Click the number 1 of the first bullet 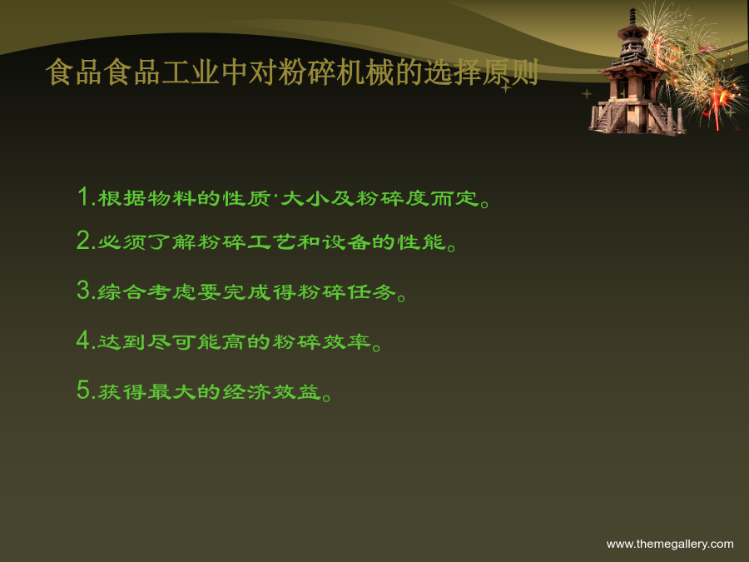point(83,196)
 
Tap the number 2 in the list point(83,240)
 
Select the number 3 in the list point(83,290)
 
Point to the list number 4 point(83,340)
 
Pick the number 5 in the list point(83,390)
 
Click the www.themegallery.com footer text point(670,544)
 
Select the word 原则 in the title point(510,72)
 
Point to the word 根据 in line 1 point(122,198)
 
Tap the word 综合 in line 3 point(122,291)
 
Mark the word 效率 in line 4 point(346,341)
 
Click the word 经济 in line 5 point(246,391)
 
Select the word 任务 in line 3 point(372,291)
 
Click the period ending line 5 point(327,397)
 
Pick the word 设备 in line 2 point(346,241)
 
